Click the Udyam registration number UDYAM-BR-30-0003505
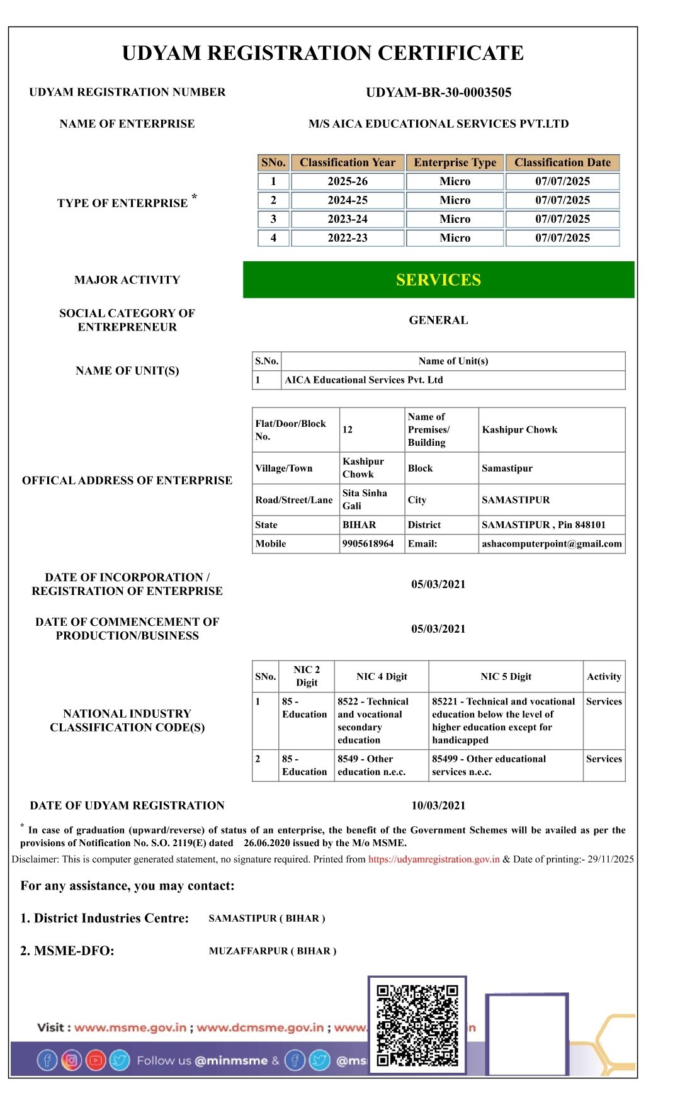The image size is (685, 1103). (x=438, y=93)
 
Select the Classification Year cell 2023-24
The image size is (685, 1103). (x=348, y=219)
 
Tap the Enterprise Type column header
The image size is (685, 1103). (x=455, y=162)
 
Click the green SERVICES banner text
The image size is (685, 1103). (x=438, y=280)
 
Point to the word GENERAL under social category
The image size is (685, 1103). (x=438, y=320)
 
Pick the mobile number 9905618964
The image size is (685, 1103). (x=368, y=544)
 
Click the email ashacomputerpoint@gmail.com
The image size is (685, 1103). (x=552, y=544)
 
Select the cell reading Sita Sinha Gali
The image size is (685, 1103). (x=365, y=500)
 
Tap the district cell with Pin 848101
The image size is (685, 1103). (x=543, y=525)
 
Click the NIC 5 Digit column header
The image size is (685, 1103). (x=506, y=677)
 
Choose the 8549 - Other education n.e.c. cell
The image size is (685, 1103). (x=371, y=766)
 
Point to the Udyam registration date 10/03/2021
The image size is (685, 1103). (x=438, y=806)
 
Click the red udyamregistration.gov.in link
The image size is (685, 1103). (x=434, y=859)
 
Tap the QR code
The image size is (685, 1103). (x=417, y=1025)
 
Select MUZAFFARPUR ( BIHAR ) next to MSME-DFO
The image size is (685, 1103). (x=273, y=951)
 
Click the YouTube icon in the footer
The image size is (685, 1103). (x=96, y=1061)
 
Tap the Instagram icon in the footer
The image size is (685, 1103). (x=72, y=1061)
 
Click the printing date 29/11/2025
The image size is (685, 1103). (x=611, y=859)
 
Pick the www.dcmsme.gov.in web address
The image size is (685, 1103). (x=260, y=1028)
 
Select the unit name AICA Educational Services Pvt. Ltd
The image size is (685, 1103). (x=364, y=380)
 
